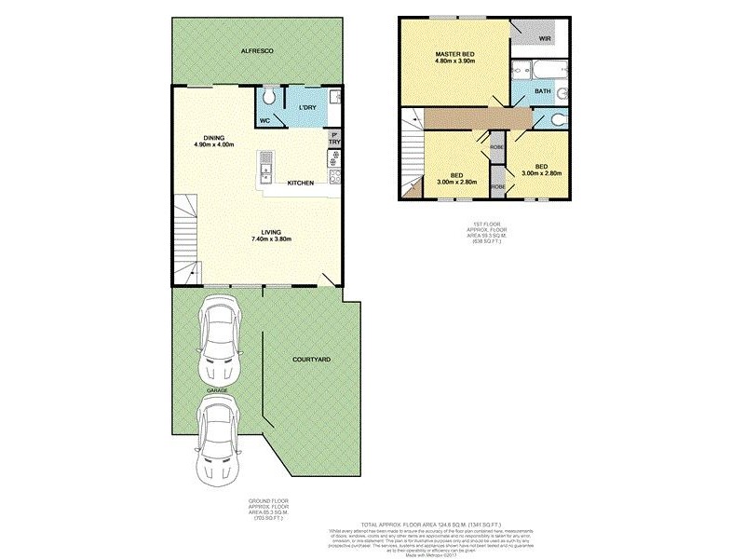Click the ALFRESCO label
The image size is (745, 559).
pyautogui.click(x=257, y=50)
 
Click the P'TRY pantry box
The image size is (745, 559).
pyautogui.click(x=332, y=137)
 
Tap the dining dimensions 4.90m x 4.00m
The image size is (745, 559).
pyautogui.click(x=213, y=144)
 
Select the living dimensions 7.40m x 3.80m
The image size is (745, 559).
pyautogui.click(x=272, y=239)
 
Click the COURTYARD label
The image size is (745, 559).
pyautogui.click(x=311, y=359)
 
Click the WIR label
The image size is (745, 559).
pyautogui.click(x=545, y=39)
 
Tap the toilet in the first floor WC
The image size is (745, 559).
pyautogui.click(x=553, y=119)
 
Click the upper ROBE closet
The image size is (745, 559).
pyautogui.click(x=498, y=146)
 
